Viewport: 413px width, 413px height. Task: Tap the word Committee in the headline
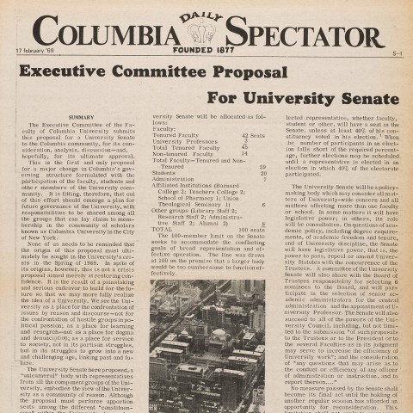click(176, 72)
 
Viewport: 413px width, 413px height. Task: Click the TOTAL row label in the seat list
click(162, 206)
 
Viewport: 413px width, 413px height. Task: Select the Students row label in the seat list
click(164, 173)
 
